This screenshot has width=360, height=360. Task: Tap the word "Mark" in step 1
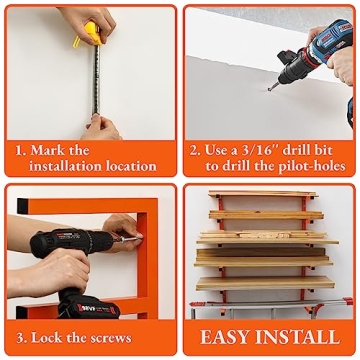click(48, 150)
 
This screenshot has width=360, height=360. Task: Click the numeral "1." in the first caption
click(19, 150)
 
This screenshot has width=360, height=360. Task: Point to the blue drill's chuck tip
click(272, 86)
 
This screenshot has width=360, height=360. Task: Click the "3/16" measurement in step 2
click(263, 150)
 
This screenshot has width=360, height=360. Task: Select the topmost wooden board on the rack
click(263, 194)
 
